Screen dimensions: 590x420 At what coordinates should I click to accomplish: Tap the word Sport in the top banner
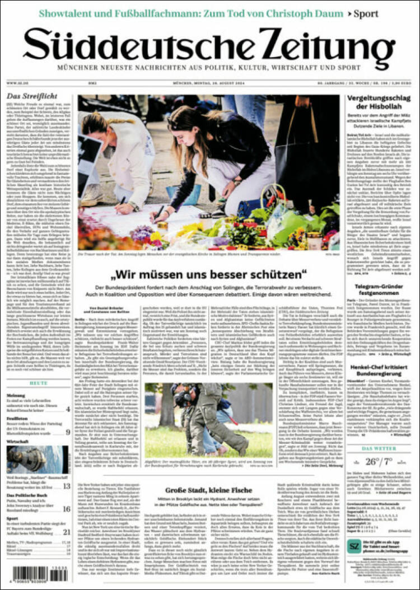click(x=366, y=13)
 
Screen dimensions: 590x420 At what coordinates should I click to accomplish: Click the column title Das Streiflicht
click(x=25, y=96)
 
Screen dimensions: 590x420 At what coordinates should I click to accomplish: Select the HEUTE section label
click(x=38, y=383)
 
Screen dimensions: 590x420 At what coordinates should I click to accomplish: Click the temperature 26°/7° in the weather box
click(x=379, y=462)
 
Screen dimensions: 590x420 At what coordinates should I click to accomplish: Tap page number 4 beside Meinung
click(x=68, y=409)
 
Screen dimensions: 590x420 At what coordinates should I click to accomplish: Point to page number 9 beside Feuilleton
click(x=68, y=432)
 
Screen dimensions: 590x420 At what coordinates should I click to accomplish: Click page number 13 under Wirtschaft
click(x=66, y=486)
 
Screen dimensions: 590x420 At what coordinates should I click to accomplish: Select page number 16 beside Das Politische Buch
click(x=66, y=509)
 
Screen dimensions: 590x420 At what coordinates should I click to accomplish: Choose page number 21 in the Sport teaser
click(x=66, y=532)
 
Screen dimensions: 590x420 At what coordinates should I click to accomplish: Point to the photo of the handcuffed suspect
click(x=208, y=419)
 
